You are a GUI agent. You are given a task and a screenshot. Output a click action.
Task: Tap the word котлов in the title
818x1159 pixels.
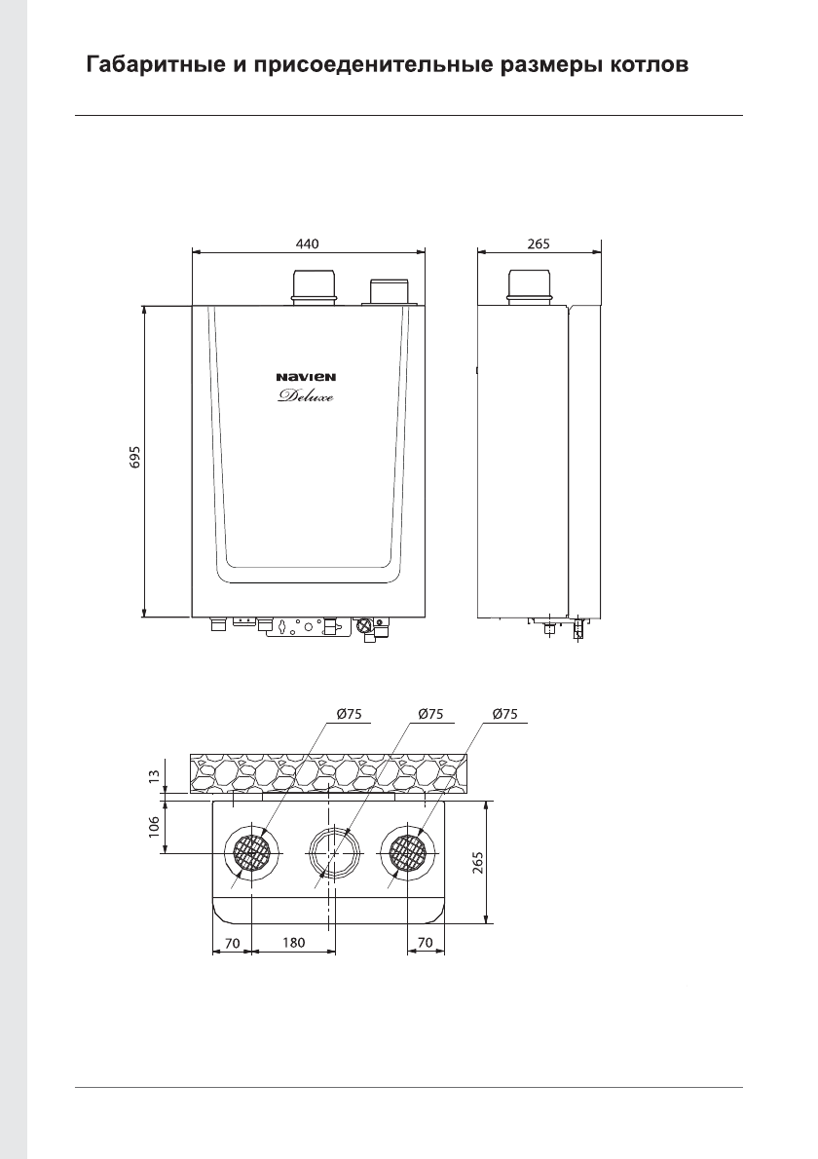(650, 65)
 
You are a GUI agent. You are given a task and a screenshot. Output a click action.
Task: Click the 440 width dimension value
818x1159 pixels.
(308, 243)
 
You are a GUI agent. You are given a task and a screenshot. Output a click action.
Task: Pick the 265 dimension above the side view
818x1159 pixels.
(539, 243)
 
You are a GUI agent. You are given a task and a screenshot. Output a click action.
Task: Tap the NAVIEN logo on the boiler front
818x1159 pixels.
(306, 377)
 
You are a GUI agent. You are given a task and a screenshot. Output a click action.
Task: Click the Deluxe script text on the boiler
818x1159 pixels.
(306, 397)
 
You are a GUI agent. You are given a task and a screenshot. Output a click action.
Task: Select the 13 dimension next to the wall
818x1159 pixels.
(154, 775)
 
